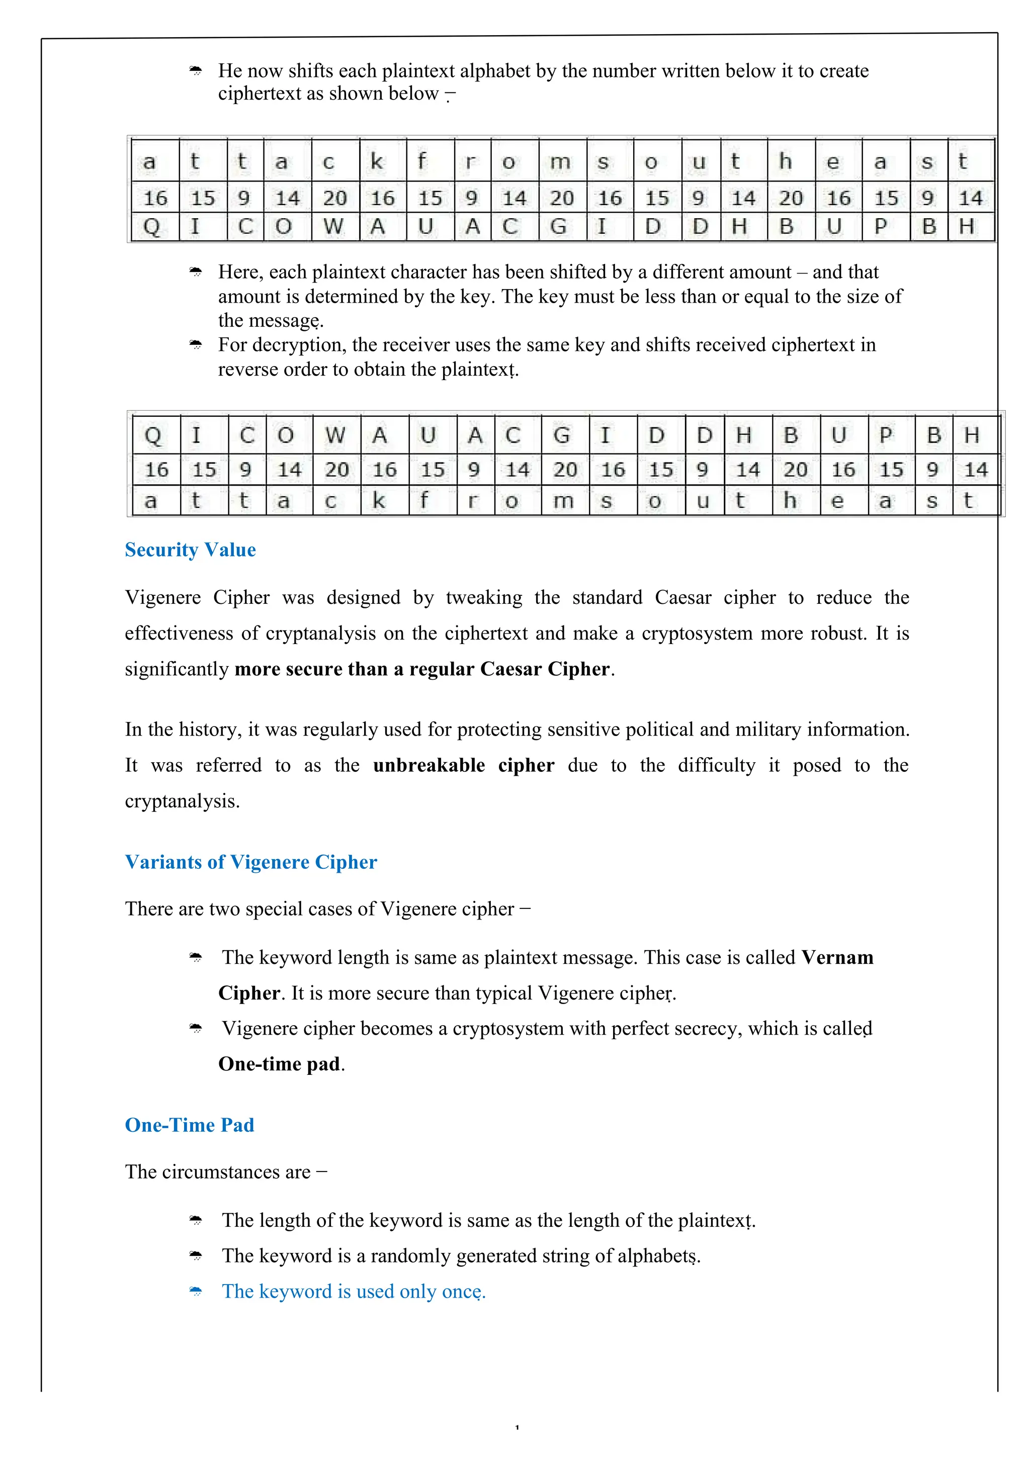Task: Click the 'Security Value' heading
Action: pos(190,550)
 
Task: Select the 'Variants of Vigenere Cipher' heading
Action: pos(251,862)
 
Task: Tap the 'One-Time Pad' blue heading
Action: pos(189,1125)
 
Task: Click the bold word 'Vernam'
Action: pos(837,958)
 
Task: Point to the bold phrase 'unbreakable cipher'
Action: pos(463,765)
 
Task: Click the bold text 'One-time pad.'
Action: pos(281,1064)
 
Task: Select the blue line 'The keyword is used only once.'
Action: pos(353,1292)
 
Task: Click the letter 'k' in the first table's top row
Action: pos(377,162)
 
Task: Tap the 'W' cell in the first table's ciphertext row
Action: pos(333,227)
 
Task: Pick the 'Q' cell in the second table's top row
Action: pos(153,435)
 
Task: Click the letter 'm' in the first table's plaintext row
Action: pos(560,162)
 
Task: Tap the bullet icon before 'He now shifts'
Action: pos(196,71)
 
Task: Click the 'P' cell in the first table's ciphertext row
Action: pos(880,227)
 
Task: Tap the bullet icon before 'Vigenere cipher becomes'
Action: pos(196,1029)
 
